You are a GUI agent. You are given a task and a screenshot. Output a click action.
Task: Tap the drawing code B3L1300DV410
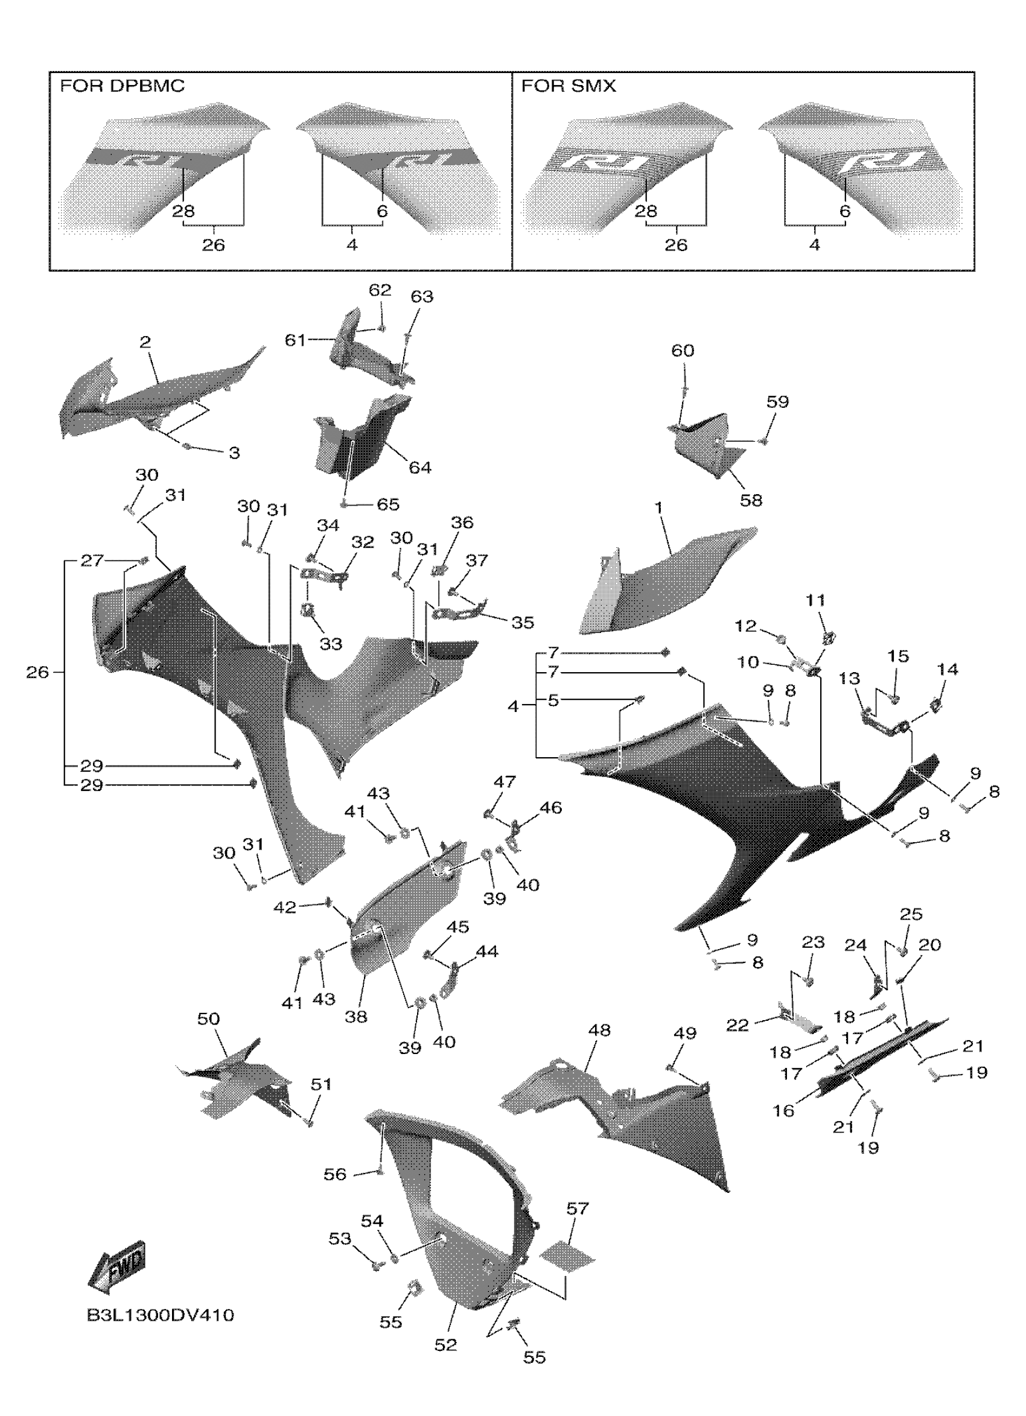(161, 1315)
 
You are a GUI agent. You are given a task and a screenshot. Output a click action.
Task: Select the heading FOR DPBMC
(123, 86)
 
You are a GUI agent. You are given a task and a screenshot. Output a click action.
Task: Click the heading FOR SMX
(569, 86)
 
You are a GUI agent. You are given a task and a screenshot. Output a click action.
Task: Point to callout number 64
(419, 468)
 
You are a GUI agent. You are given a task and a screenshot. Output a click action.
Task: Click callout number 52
(446, 1345)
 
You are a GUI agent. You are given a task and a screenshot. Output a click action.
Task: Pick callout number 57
(578, 1208)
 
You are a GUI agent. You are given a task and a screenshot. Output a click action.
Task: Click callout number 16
(784, 1111)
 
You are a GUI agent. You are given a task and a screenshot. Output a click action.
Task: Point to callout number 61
(295, 340)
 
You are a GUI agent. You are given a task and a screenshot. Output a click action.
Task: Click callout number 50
(209, 1019)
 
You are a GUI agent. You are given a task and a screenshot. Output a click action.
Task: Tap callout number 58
(751, 500)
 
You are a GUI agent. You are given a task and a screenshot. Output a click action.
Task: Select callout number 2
(145, 341)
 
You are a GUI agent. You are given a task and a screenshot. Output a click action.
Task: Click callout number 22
(737, 1025)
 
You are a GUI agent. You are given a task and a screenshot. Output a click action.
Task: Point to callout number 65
(388, 504)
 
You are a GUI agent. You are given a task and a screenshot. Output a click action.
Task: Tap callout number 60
(683, 351)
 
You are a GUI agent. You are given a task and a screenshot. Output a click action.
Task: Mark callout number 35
(523, 623)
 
